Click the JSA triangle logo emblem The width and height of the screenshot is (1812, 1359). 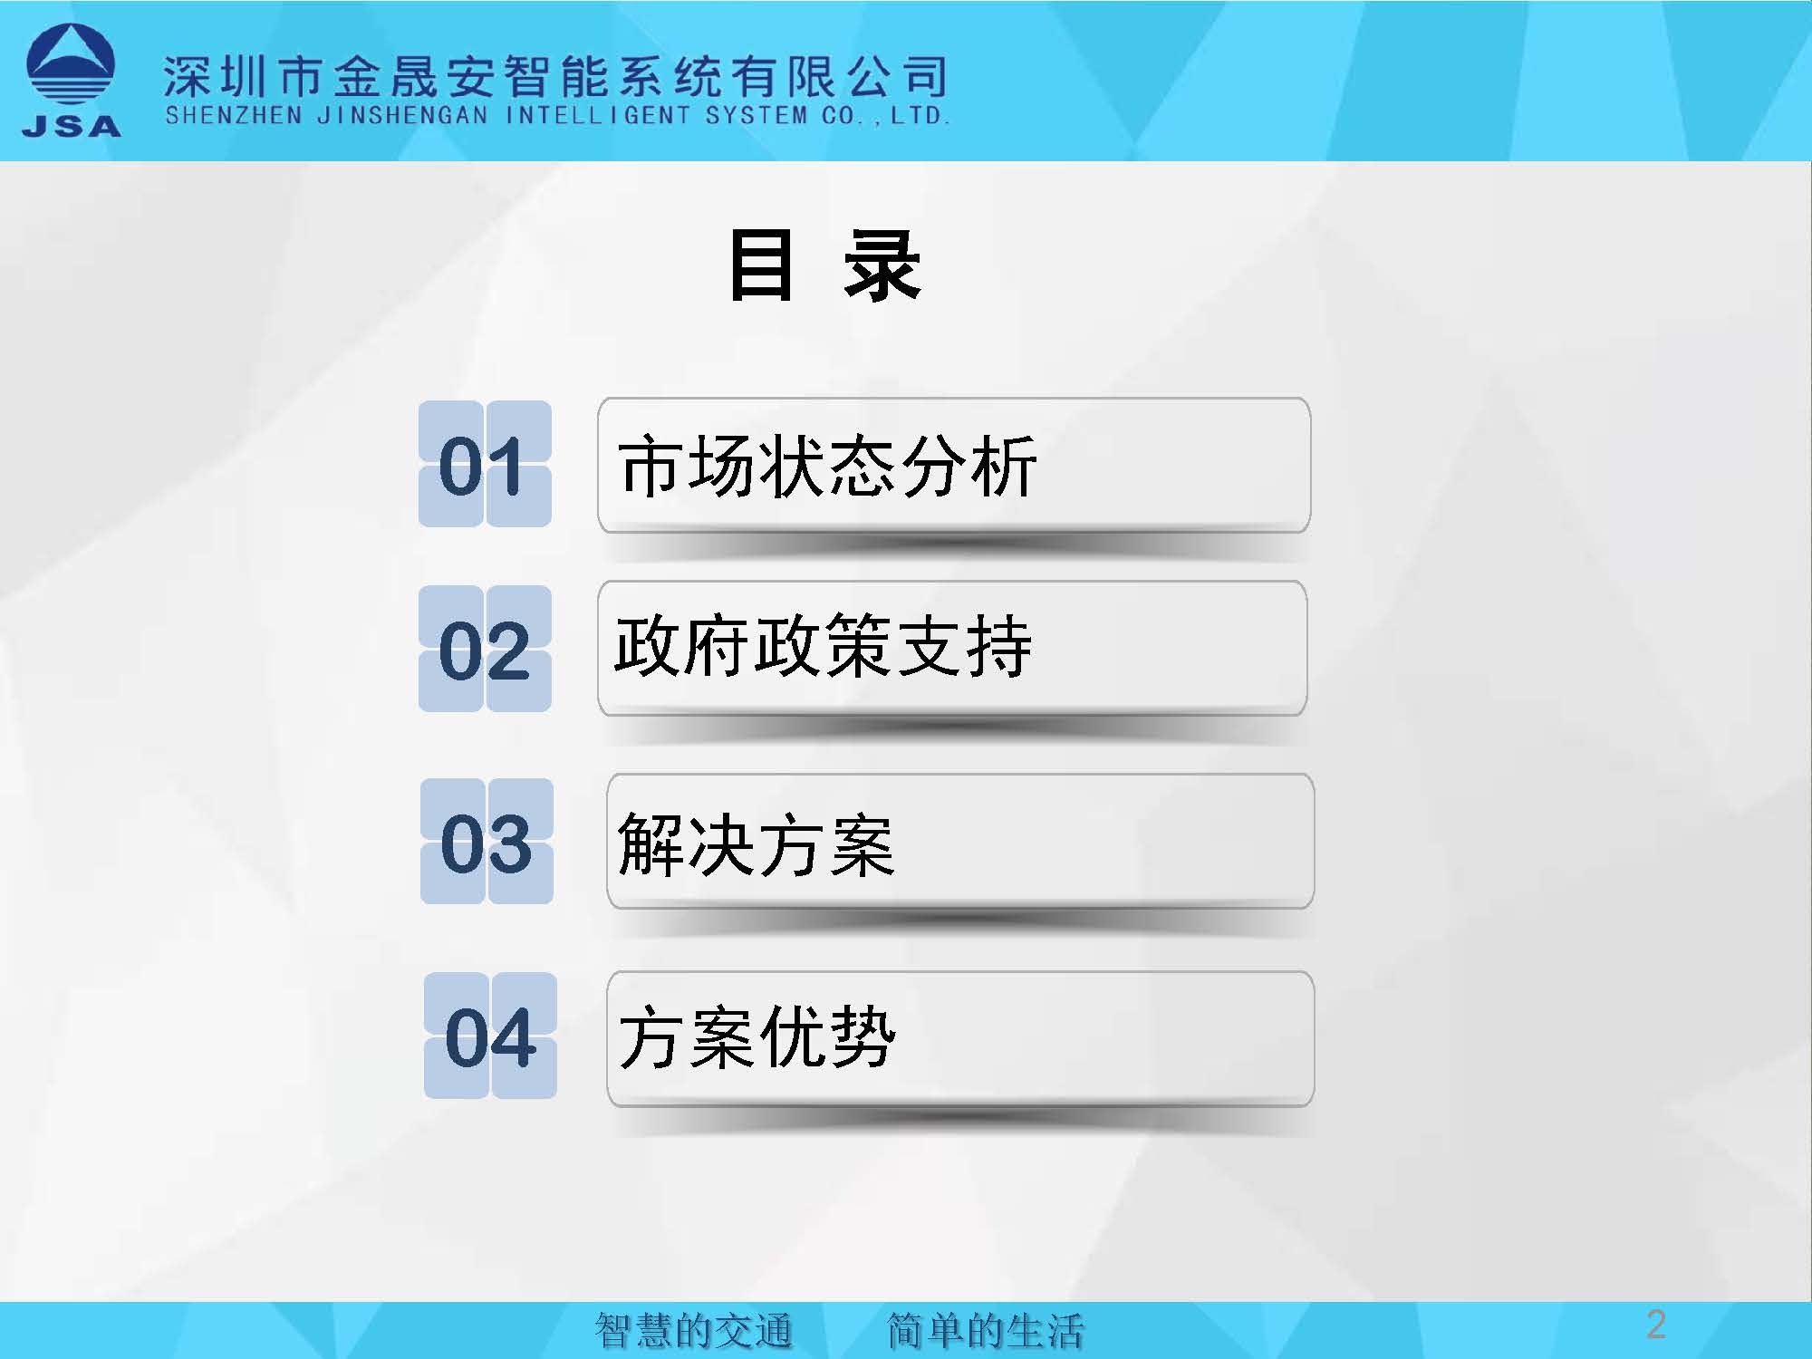(x=71, y=66)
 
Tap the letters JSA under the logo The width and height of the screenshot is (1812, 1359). (x=72, y=126)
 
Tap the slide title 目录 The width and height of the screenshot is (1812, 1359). (x=824, y=265)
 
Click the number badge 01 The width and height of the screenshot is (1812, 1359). (x=485, y=464)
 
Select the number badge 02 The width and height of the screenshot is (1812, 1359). (x=485, y=649)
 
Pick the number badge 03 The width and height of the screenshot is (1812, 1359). (x=487, y=842)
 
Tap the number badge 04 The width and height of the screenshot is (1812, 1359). (x=490, y=1036)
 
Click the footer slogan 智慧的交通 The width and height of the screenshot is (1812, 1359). (x=694, y=1331)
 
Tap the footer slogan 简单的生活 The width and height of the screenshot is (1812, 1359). (x=986, y=1331)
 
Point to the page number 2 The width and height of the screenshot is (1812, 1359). (x=1656, y=1325)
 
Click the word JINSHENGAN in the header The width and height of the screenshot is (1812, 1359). (x=403, y=116)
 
